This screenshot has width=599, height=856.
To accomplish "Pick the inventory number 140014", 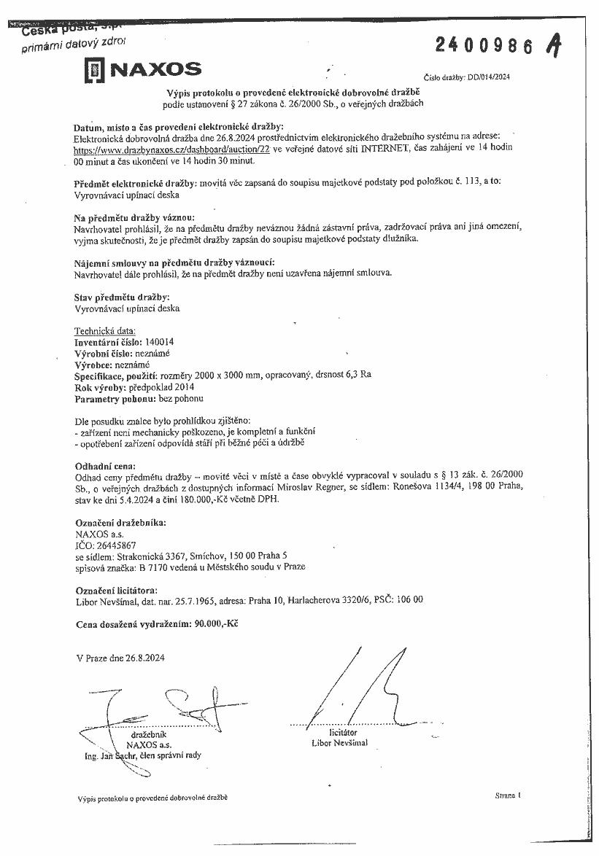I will coord(160,341).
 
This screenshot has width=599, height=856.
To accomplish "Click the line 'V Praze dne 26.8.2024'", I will coord(120,658).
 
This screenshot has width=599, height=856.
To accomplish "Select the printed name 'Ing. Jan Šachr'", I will coord(109,756).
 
